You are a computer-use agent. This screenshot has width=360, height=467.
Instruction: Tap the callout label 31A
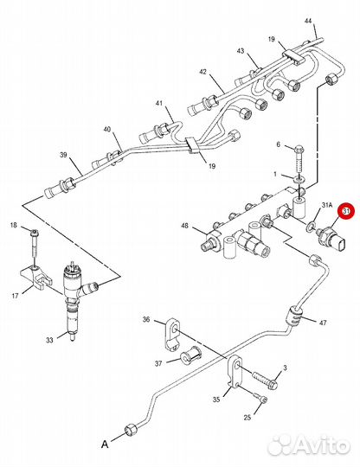coord(326,205)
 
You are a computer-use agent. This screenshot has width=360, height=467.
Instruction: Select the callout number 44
coord(308,21)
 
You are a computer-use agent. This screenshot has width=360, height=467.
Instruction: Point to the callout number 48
coord(185,226)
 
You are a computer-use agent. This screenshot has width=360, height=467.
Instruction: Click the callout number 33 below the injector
coord(49,340)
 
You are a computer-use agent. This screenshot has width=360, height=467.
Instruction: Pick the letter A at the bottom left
coord(105,445)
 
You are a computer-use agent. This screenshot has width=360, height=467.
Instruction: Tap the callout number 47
coord(323,323)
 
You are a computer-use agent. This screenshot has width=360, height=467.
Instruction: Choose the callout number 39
coord(63,155)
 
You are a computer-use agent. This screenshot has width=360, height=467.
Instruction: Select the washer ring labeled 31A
coord(310,226)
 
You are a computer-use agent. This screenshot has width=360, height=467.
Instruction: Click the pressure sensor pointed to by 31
coord(331,240)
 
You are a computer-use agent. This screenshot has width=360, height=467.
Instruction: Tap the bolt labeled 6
coord(299,160)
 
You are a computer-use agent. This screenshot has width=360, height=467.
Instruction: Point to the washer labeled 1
coord(299,180)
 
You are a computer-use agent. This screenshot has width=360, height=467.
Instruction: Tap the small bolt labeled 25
coord(260,398)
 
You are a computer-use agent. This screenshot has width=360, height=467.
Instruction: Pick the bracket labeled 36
coord(173,335)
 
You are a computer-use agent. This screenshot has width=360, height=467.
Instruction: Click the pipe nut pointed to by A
coord(132,429)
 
